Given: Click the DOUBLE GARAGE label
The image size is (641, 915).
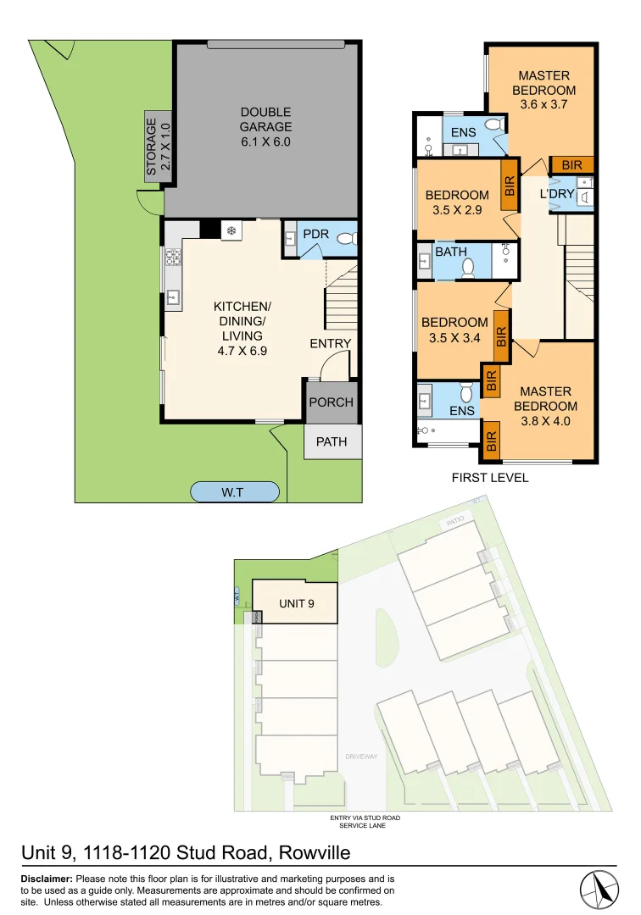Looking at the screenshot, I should click(265, 126).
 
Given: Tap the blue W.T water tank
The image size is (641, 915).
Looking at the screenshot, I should click(235, 491).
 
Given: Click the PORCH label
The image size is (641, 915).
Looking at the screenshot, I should click(331, 402).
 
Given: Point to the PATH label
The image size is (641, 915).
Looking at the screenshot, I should click(331, 441).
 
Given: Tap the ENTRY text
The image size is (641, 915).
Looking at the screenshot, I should click(331, 343).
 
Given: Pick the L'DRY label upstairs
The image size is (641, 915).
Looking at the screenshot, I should click(558, 195).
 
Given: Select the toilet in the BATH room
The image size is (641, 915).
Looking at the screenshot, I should click(468, 269).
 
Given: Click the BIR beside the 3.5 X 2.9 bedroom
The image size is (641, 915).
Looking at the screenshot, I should click(510, 186).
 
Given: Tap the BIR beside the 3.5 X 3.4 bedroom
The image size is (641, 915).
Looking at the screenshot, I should click(500, 337).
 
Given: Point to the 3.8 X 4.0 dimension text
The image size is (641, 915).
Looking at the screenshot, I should click(546, 420).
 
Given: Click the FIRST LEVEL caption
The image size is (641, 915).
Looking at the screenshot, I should click(490, 478).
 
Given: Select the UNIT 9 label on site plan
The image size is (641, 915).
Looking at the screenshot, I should click(297, 603).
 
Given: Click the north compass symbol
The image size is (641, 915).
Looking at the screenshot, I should click(601, 889).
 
